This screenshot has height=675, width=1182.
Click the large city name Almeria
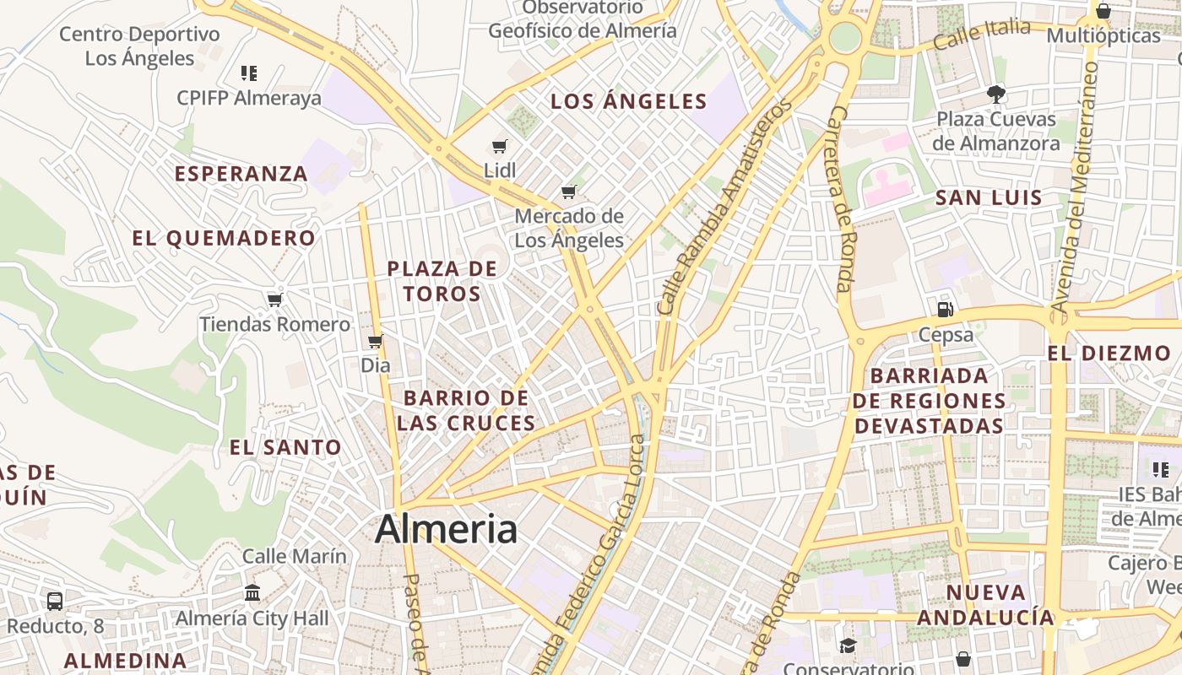[x=446, y=529]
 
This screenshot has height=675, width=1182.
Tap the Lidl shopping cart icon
[x=500, y=147]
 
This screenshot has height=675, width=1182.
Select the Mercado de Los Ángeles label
[x=569, y=228]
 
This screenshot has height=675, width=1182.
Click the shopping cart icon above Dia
[x=376, y=342]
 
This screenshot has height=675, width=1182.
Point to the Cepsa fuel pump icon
[x=946, y=310]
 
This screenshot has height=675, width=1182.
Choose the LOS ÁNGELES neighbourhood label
[x=629, y=102]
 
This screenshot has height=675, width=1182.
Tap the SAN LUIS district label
[x=989, y=198]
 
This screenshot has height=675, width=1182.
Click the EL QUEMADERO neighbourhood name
[x=224, y=238]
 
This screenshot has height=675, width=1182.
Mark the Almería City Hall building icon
[x=252, y=592]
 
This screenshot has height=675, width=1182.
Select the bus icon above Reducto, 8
[x=55, y=601]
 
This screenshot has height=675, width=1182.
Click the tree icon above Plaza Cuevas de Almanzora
[x=996, y=94]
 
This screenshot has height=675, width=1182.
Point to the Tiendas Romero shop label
[x=274, y=324]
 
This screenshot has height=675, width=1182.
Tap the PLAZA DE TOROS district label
[x=442, y=281]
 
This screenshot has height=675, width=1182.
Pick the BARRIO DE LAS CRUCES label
[x=466, y=410]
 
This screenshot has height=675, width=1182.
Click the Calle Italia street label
[x=982, y=34]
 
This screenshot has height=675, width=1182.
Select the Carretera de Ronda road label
[x=839, y=199]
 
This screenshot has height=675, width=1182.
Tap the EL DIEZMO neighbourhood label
[x=1109, y=354]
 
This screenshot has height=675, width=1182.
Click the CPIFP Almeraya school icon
[x=248, y=73]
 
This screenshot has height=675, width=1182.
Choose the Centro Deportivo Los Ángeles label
[x=139, y=46]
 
